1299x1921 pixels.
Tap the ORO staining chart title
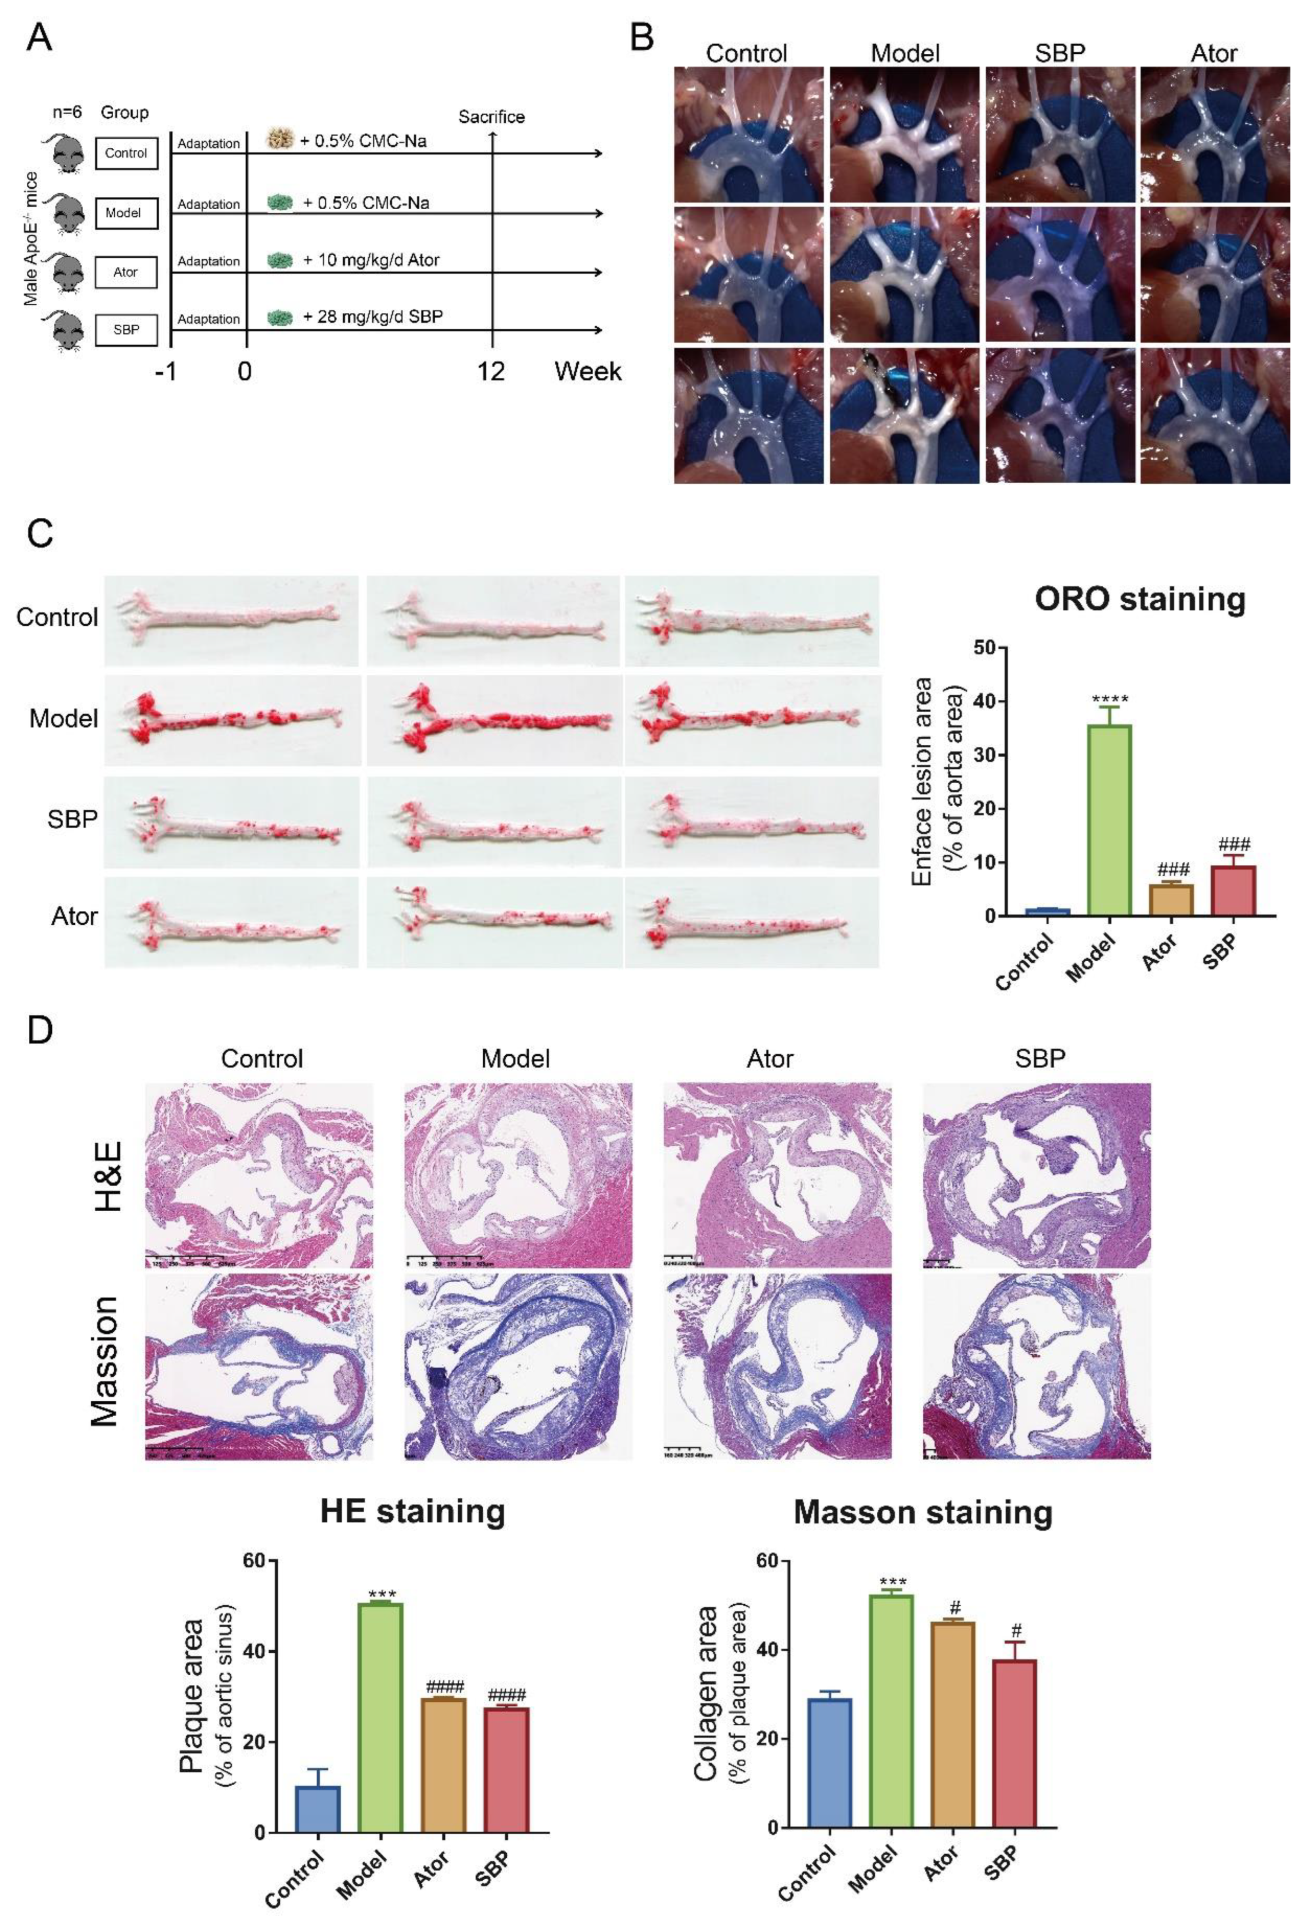1140,598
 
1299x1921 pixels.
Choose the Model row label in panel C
64,718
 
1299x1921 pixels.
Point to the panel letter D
40,1030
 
